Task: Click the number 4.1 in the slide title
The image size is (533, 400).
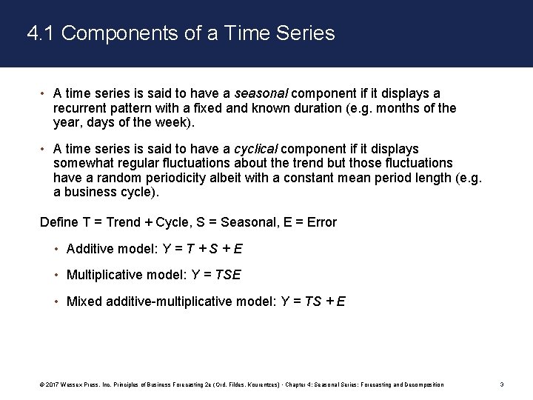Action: tap(38, 33)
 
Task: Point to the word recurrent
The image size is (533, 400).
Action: tap(81, 108)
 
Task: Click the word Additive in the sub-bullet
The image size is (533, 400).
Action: tap(90, 249)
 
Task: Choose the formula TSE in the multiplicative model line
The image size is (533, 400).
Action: tap(227, 275)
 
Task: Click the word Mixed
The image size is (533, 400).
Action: tap(84, 301)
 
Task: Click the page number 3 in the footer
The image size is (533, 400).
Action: tap(502, 384)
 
